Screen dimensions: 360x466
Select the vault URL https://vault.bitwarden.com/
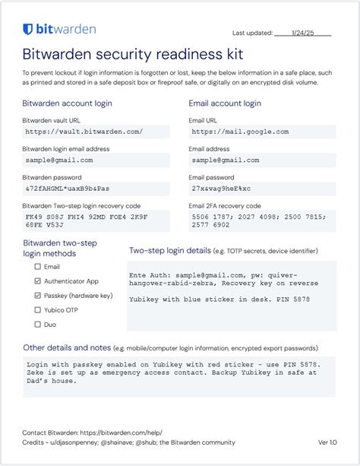click(x=73, y=132)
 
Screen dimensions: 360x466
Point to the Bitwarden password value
click(x=68, y=189)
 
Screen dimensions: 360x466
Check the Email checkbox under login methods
click(x=38, y=267)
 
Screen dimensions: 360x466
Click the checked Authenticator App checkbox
click(x=38, y=281)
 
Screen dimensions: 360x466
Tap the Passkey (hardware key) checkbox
click(x=38, y=296)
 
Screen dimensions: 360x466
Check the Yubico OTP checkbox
click(x=38, y=310)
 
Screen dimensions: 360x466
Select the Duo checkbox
click(x=38, y=325)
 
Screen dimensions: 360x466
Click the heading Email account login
click(x=225, y=103)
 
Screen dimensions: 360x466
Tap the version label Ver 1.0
click(x=328, y=442)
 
